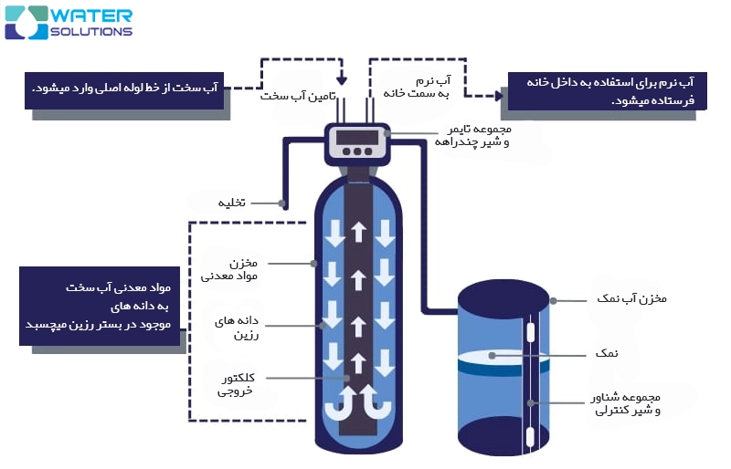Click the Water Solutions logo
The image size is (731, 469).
(69, 22)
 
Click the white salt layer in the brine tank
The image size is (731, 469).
(502, 357)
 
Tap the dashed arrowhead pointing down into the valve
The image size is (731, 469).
(341, 78)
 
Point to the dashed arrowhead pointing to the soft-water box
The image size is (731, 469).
(499, 93)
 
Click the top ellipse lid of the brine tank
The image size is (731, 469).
(503, 296)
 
